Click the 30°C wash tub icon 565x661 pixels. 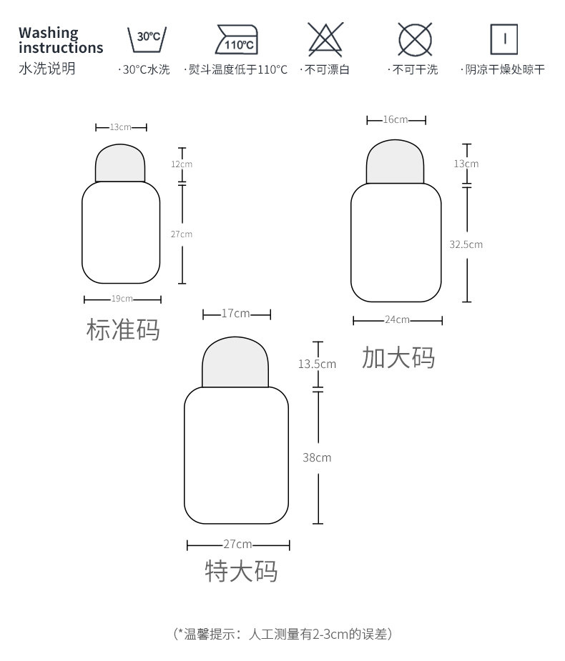pos(147,40)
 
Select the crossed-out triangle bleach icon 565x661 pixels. pos(325,39)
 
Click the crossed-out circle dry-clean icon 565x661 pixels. pos(415,39)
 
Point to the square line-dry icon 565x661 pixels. pos(504,39)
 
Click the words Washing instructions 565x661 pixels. pos(60,41)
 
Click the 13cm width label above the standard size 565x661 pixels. pos(120,127)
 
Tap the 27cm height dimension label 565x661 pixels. pos(182,234)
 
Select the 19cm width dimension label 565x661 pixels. pos(122,299)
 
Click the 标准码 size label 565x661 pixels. pos(122,330)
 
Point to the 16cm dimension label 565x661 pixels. pos(395,119)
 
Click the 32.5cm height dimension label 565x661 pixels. pos(466,244)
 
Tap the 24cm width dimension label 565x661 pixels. pos(397,319)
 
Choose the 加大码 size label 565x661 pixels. pos(398,357)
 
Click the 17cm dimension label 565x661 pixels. pos(236,314)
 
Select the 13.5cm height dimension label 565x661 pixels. pos(317,364)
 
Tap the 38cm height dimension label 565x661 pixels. pos(317,457)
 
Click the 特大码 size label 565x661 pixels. pos(241,572)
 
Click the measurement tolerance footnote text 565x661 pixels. pos(282,633)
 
